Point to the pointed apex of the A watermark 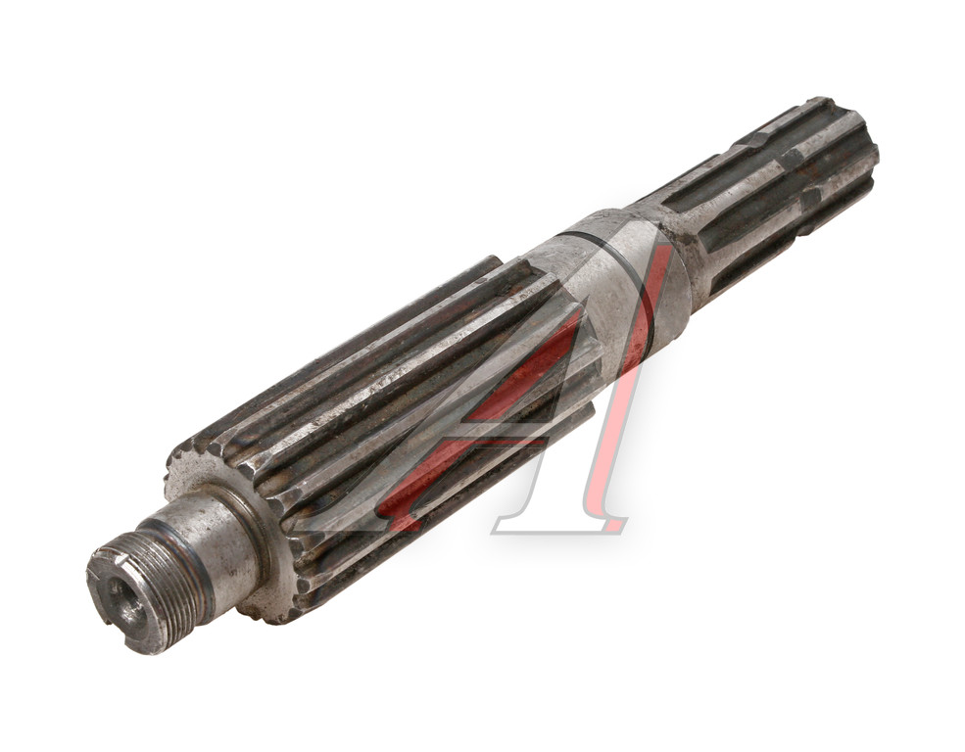[x=663, y=246]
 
